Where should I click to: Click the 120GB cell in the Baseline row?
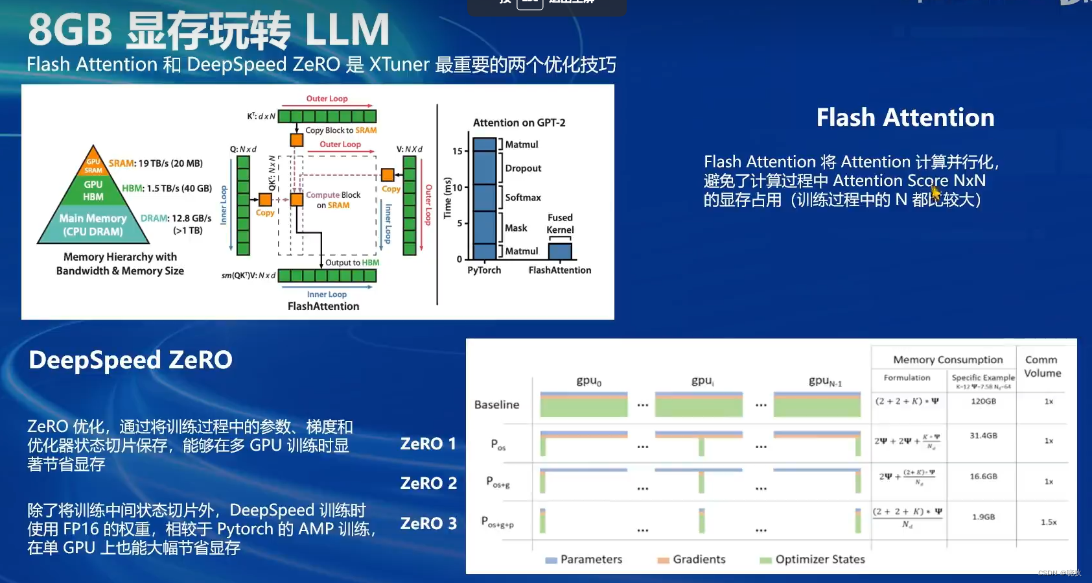(983, 401)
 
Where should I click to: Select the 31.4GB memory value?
(983, 436)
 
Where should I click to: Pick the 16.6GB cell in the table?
(983, 477)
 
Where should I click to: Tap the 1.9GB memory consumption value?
(983, 518)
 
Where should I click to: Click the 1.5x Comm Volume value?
(1049, 522)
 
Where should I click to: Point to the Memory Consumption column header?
(947, 360)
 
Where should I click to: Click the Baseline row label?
(496, 405)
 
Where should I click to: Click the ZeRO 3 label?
(428, 523)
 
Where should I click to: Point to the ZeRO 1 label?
(428, 444)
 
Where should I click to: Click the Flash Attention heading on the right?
(905, 117)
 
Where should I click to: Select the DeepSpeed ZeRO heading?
(130, 360)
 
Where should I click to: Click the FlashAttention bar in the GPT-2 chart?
(560, 251)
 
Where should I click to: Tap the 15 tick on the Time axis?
(458, 151)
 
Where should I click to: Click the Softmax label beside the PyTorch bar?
(523, 198)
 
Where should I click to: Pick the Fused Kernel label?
(560, 224)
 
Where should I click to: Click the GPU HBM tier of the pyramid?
(93, 191)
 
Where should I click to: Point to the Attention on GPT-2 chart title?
(519, 123)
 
